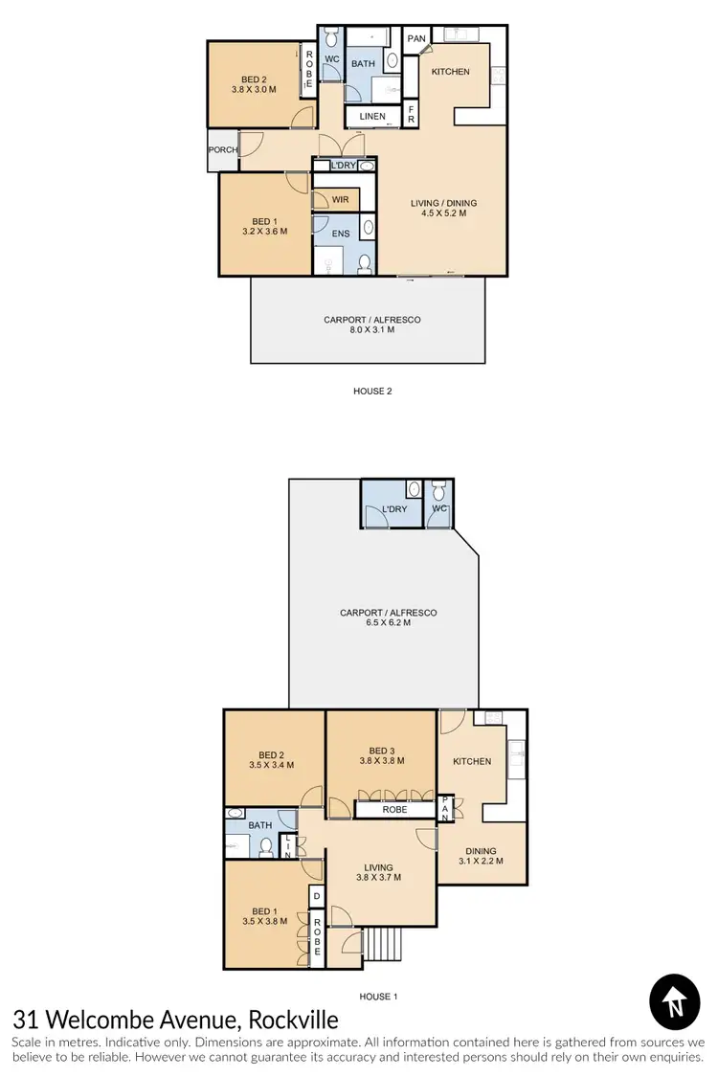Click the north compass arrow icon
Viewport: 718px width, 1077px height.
(676, 1003)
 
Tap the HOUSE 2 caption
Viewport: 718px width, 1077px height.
(372, 391)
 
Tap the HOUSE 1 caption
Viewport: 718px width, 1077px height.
(377, 997)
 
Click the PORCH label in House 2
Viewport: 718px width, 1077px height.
(222, 149)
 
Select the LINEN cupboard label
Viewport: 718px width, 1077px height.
(372, 117)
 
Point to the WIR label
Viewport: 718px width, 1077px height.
(340, 199)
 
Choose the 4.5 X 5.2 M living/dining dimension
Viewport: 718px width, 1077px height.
(443, 214)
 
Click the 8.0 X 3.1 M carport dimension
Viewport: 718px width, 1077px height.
(371, 332)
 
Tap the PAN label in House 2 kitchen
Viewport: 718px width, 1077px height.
(416, 38)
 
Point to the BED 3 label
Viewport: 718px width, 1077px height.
(381, 751)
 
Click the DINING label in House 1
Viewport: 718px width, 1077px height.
(481, 850)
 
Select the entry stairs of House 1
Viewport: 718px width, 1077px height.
(381, 947)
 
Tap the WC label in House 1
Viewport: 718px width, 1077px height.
(439, 509)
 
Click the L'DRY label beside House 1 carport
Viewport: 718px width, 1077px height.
(394, 509)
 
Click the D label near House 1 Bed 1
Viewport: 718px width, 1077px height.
(316, 897)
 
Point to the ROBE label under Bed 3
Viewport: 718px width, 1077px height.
(394, 809)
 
